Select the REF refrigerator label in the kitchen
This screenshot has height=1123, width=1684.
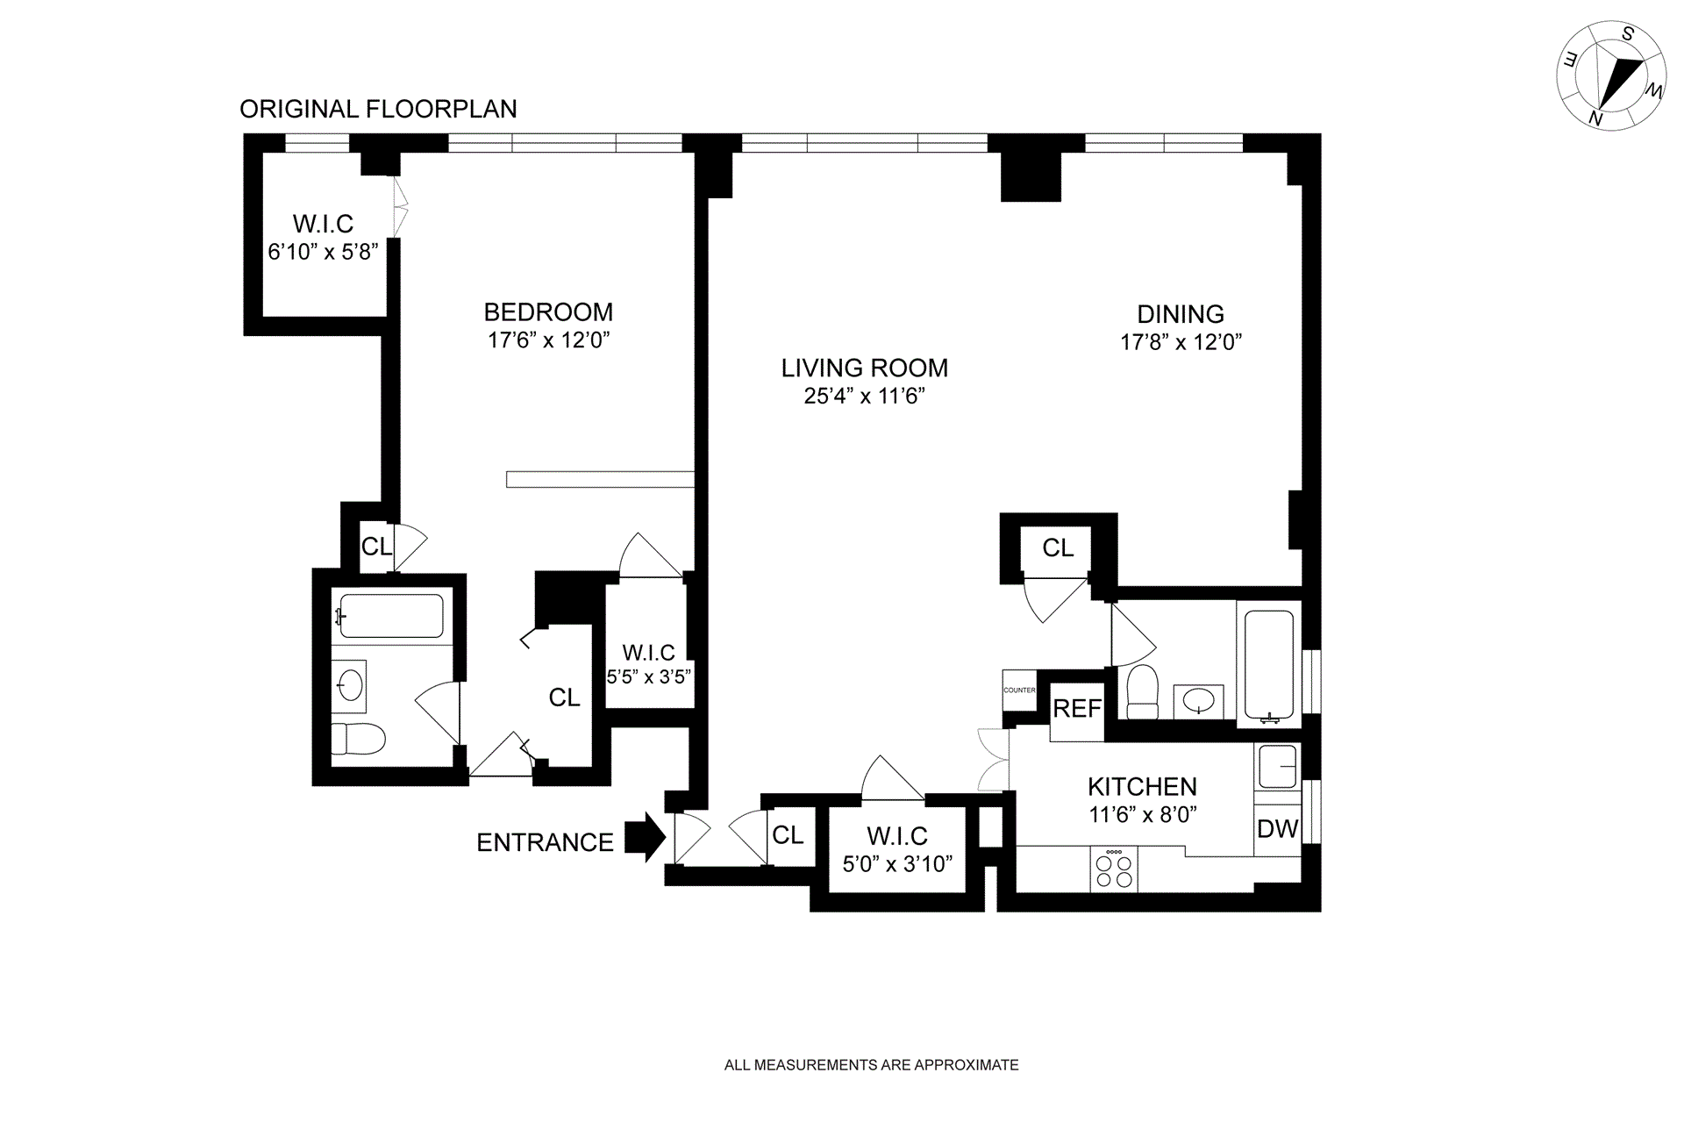pyautogui.click(x=1077, y=708)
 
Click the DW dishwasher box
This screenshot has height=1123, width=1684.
pyautogui.click(x=1277, y=829)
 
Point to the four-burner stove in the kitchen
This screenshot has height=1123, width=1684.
pyautogui.click(x=1114, y=869)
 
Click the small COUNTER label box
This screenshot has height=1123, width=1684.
pyautogui.click(x=1019, y=690)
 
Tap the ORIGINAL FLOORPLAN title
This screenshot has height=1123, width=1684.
pyautogui.click(x=378, y=109)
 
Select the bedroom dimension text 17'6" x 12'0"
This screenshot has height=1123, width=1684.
pyautogui.click(x=549, y=340)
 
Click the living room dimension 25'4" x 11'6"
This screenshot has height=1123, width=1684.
pyautogui.click(x=865, y=396)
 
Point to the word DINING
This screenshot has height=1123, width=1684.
pyautogui.click(x=1181, y=313)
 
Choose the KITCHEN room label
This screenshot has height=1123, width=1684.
pyautogui.click(x=1142, y=786)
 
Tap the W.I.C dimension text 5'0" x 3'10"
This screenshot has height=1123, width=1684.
pyautogui.click(x=897, y=864)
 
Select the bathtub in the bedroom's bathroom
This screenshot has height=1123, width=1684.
pyautogui.click(x=391, y=616)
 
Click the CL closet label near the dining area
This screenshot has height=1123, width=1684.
pyautogui.click(x=1058, y=547)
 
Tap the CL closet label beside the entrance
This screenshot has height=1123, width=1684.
pyautogui.click(x=788, y=834)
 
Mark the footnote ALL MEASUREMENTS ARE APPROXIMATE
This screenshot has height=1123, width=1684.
pyautogui.click(x=872, y=1065)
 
